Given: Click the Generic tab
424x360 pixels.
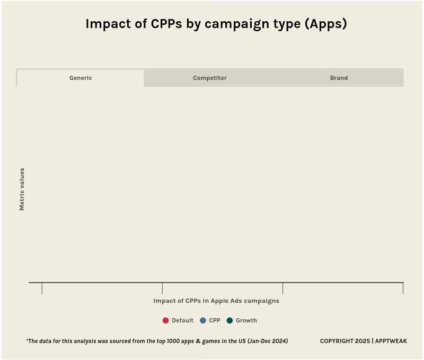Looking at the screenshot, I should point(81,78).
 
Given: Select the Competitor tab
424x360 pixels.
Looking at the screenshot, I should point(209,78).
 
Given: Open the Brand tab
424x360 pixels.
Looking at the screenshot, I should point(339,78).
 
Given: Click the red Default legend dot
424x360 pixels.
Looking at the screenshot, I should point(165,320).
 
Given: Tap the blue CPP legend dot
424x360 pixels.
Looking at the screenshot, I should point(202,320).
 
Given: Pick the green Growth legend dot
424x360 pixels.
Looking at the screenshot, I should point(229,320).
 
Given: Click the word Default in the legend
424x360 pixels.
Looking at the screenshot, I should point(182,320).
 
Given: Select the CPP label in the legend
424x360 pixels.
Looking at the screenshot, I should point(215,320).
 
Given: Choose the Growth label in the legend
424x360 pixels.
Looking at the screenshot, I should point(246,320).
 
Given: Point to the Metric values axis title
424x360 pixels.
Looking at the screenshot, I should point(22,189).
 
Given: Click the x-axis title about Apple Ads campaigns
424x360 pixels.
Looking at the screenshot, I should point(216,301).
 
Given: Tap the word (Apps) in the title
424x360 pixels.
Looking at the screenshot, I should point(325,24).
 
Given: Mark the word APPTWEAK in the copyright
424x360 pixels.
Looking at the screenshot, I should point(391,341).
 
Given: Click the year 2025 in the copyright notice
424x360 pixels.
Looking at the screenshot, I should point(362,341).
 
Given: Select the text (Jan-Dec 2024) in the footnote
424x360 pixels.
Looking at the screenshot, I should point(267,341).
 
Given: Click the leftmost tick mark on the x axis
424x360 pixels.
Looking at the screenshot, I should point(42,288).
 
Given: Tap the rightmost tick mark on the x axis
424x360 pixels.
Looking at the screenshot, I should point(403,288).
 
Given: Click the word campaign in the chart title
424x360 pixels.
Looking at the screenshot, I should point(233,24).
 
